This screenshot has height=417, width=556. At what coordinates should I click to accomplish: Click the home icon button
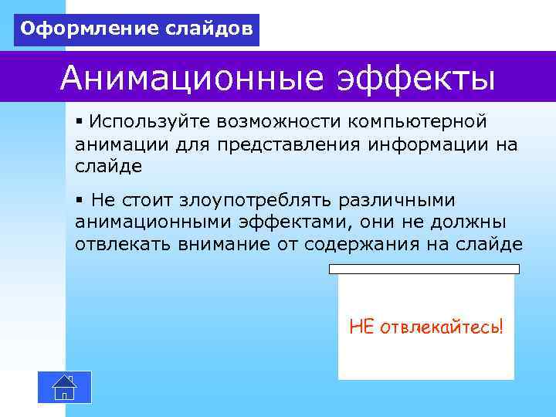[64, 387]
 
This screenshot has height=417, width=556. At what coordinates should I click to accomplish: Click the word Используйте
[150, 122]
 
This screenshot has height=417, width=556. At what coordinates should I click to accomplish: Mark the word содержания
[361, 244]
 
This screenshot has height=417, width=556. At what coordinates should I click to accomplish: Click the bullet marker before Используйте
[80, 122]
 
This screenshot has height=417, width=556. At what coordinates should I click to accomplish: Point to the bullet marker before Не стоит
[80, 201]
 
